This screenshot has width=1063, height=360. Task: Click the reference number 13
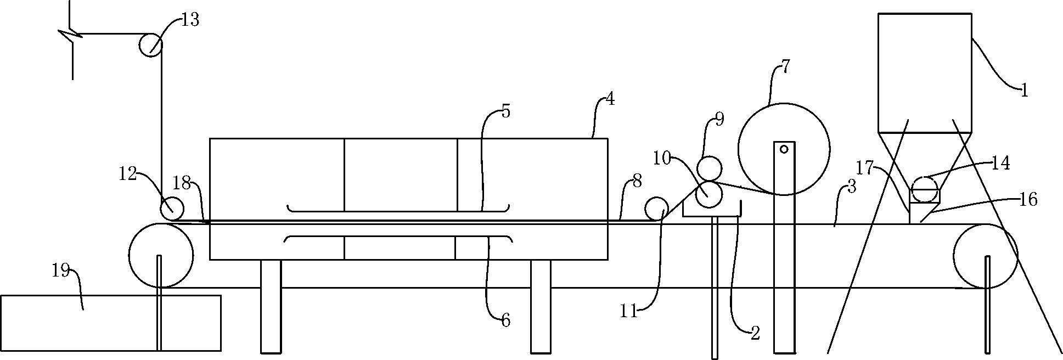pos(190,21)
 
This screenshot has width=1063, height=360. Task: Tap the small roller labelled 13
pos(150,44)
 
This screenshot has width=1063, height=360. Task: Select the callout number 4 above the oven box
pos(609,100)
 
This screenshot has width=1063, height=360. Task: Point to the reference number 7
pos(785,67)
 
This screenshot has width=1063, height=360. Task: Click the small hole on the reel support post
pos(784,148)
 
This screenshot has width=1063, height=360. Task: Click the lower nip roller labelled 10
pos(709,194)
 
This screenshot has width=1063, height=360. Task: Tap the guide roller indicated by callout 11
pos(656,209)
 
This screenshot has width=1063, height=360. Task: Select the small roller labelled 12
pos(172,209)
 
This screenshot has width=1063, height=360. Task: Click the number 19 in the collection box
pos(60,271)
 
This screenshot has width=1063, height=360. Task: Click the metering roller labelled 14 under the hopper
pos(924,185)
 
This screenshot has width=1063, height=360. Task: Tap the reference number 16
pos(1029,200)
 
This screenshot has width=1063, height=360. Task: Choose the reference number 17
pos(864,168)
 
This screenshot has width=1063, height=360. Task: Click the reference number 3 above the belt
pos(851,187)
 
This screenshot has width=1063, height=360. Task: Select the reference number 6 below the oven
pos(505,320)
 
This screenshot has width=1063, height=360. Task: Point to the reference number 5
pos(505,111)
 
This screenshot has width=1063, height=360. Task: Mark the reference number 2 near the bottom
pos(755,333)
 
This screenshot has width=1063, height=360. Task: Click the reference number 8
pos(637,182)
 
